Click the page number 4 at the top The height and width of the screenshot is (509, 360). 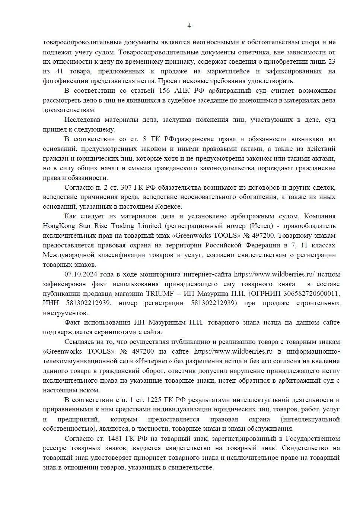[x=189, y=26]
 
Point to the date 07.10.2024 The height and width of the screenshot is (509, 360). [x=79, y=274]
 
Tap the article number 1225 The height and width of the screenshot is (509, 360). [x=154, y=400]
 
